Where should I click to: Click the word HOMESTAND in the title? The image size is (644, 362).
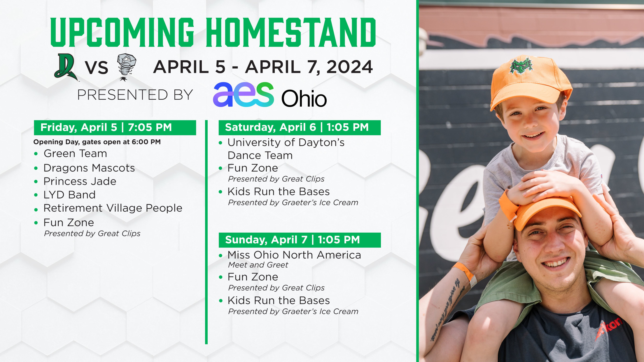point(291,32)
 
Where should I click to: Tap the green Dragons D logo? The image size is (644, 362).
point(66,67)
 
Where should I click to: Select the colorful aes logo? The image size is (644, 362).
point(244,94)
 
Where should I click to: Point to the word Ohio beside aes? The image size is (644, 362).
point(304,98)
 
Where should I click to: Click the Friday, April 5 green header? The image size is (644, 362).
point(115,128)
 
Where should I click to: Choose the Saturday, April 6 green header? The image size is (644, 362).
point(300,128)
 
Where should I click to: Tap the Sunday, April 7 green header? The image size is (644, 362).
point(300,240)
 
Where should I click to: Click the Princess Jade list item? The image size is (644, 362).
point(80,181)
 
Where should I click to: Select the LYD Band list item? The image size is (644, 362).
point(69,195)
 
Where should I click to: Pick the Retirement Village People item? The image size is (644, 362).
point(113,208)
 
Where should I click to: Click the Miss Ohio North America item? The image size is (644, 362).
point(294,255)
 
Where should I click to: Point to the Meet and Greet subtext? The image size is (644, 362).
point(258,265)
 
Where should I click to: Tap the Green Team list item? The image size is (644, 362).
point(75,154)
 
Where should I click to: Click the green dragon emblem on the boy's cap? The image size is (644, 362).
point(521,65)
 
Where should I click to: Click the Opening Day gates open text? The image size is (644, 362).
point(97,142)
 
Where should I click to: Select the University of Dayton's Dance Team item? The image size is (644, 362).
point(286,149)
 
